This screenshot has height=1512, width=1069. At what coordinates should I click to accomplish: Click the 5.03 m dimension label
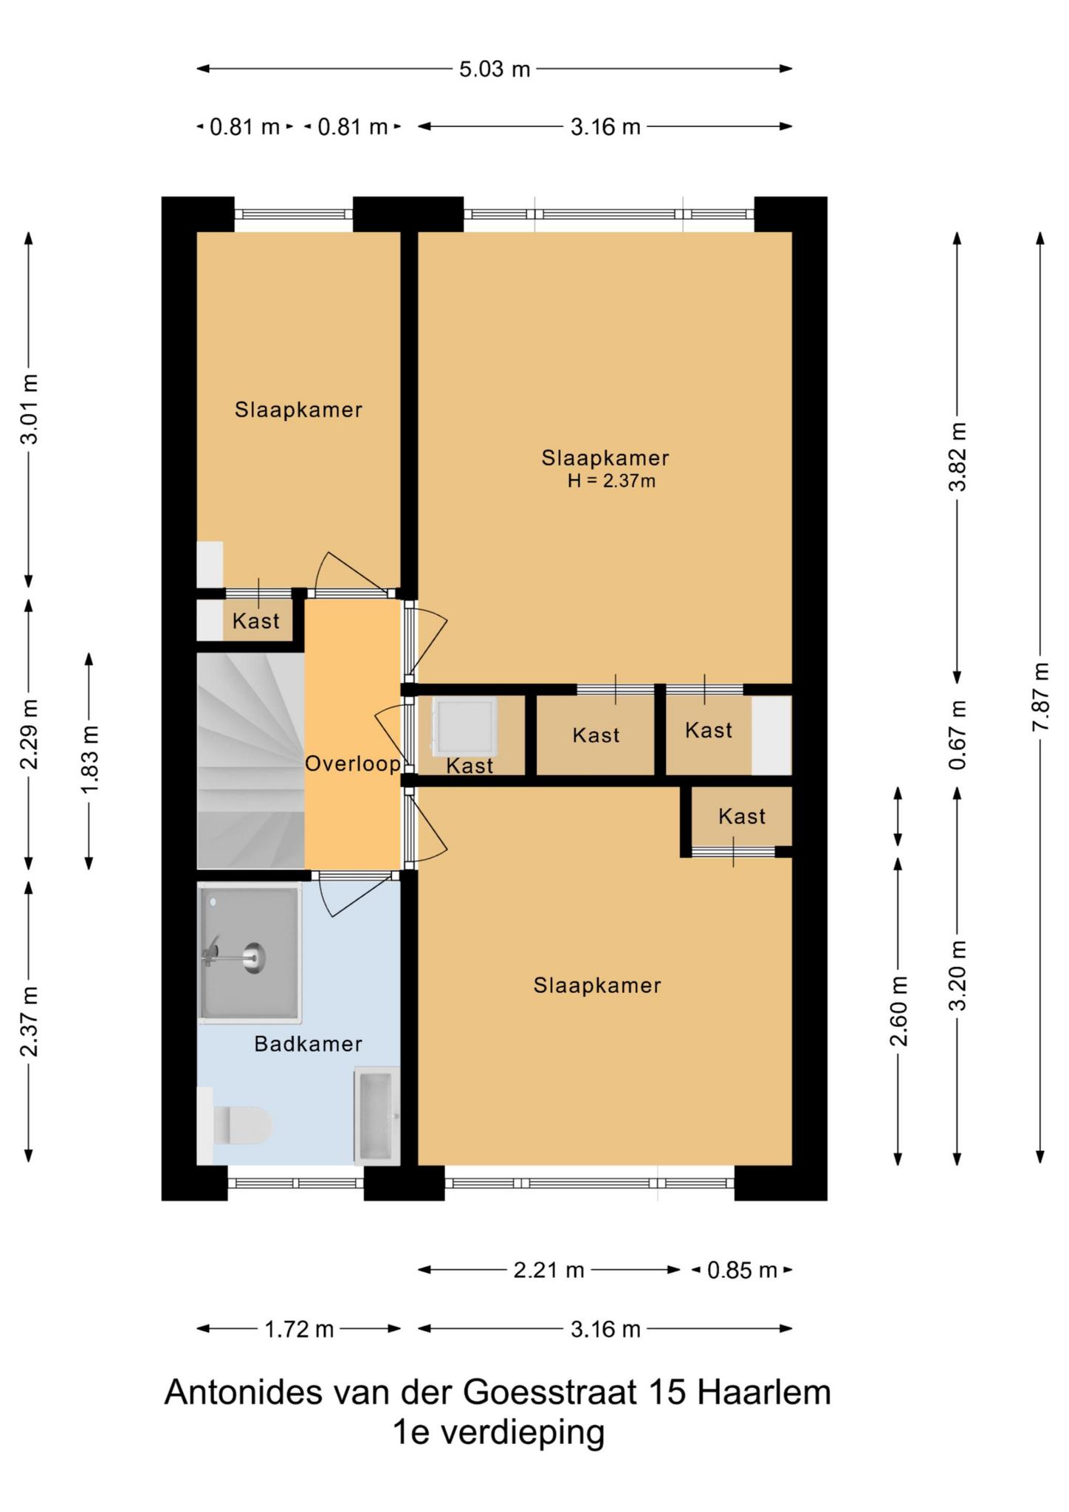[495, 69]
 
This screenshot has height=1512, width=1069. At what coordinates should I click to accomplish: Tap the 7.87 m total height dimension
[1040, 697]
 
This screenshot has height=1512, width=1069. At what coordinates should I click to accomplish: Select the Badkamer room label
[308, 1044]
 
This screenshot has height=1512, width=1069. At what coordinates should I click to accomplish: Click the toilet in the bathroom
[235, 1126]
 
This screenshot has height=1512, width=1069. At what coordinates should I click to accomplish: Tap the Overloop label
[353, 763]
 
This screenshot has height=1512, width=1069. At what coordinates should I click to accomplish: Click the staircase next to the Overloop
[250, 760]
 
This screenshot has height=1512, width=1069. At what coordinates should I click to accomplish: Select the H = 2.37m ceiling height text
[611, 481]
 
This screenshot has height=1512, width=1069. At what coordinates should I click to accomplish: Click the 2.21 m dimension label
[549, 1270]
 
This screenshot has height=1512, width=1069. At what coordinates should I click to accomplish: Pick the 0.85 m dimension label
[742, 1270]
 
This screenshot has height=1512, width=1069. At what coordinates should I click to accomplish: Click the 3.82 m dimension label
[958, 456]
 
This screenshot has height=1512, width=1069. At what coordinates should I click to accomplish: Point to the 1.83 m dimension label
[89, 760]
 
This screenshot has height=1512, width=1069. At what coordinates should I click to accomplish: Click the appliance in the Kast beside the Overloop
[464, 726]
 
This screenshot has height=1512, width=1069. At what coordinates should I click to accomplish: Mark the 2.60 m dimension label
[898, 1011]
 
